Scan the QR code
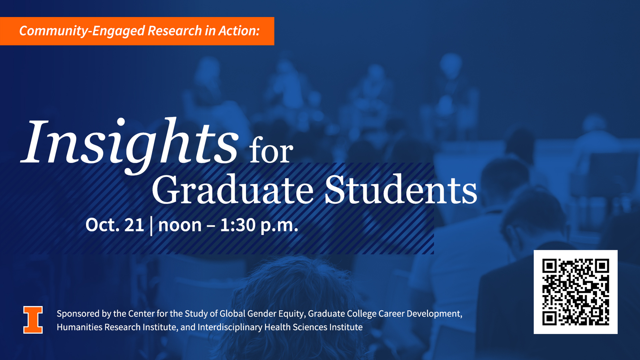pos(575,292)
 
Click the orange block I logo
pos(33,319)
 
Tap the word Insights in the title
pos(130,146)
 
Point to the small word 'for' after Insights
pos(271,151)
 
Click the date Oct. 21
pos(114,225)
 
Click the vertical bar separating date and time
pos(151,226)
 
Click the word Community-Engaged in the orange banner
pos(82,31)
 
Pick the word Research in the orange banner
pos(175,31)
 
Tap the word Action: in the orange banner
pos(239,31)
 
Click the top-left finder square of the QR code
pos(549,266)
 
